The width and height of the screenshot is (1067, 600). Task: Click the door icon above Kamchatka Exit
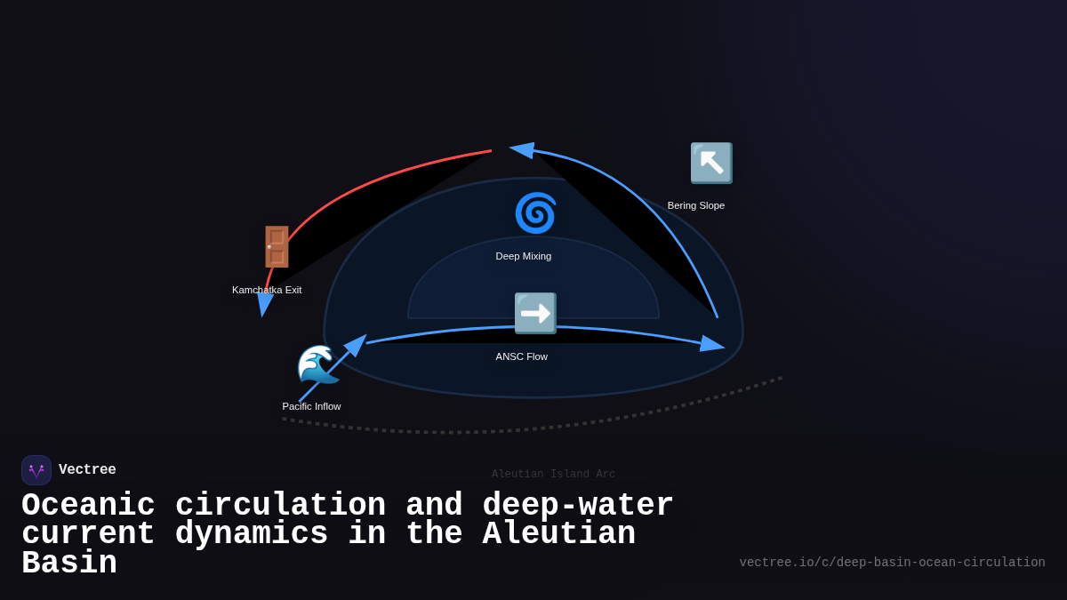(277, 247)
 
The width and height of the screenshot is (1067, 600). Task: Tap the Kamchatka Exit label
(267, 290)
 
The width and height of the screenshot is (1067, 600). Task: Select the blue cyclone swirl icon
(535, 213)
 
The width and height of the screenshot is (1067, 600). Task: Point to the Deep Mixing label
(524, 256)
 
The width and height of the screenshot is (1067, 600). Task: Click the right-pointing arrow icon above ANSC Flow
(535, 313)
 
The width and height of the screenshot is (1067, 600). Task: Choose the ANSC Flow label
(522, 356)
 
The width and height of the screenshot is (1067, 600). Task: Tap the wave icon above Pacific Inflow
(317, 364)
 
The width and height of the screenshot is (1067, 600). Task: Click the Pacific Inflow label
(311, 406)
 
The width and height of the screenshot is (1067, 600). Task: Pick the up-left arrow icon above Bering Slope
(711, 163)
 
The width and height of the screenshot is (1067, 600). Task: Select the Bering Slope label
(696, 205)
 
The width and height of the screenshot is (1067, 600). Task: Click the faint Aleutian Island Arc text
(553, 474)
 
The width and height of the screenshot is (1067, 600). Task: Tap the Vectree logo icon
(36, 470)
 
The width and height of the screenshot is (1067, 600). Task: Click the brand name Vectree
(87, 470)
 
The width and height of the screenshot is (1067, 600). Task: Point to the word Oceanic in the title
(88, 506)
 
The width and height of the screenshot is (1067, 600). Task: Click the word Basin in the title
(69, 564)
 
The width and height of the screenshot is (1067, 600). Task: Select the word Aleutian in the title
(559, 534)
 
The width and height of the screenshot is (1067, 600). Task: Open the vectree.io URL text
(892, 563)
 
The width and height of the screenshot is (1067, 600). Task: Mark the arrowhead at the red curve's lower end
(263, 305)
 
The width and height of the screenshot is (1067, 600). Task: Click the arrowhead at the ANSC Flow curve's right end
(712, 344)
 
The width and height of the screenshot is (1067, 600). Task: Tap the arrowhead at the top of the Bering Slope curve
(522, 150)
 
